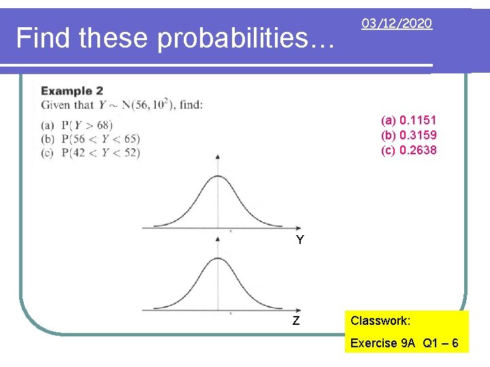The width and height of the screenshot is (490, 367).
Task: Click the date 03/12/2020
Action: (x=397, y=24)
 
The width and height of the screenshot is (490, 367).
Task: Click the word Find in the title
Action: (x=44, y=39)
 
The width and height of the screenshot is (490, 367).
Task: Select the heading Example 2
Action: (x=71, y=91)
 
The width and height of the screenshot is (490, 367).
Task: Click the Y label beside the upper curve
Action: (x=300, y=240)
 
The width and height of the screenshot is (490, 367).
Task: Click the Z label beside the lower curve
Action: (x=296, y=321)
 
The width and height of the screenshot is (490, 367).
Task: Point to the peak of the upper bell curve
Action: (x=218, y=176)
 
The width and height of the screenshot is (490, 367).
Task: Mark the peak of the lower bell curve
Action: (x=218, y=258)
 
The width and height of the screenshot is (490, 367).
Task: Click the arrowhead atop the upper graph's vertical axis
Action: (x=218, y=156)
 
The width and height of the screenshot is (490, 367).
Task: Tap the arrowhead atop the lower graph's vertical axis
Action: (x=218, y=239)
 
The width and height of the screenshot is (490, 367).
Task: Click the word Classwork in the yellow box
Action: (x=380, y=320)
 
